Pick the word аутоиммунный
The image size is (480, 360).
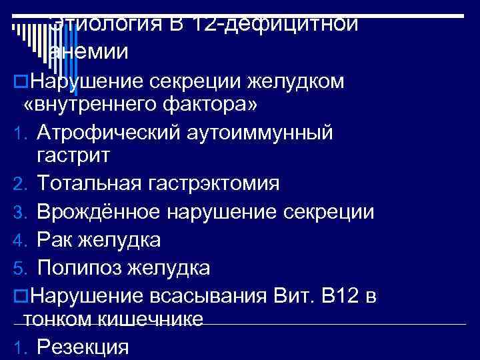[267, 132]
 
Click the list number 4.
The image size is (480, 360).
[19, 239]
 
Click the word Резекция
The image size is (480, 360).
[82, 347]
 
